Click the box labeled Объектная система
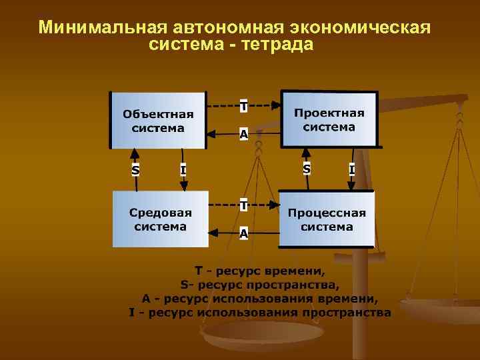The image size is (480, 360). click(x=158, y=120)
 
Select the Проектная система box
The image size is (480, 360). click(x=329, y=119)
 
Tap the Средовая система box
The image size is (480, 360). click(x=160, y=219)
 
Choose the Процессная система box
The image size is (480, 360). click(x=327, y=219)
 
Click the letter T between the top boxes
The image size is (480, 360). click(x=244, y=106)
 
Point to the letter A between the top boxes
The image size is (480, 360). click(x=244, y=134)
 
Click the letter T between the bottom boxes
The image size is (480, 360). click(x=244, y=205)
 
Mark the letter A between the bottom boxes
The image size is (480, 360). click(x=244, y=233)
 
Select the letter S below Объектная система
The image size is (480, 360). click(x=136, y=169)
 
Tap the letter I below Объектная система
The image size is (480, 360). click(x=183, y=169)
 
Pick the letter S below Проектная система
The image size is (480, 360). click(x=306, y=169)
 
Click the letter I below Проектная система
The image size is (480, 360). click(x=351, y=169)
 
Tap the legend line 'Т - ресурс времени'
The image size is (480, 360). click(x=260, y=272)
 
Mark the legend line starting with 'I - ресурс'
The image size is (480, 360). click(x=260, y=312)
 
